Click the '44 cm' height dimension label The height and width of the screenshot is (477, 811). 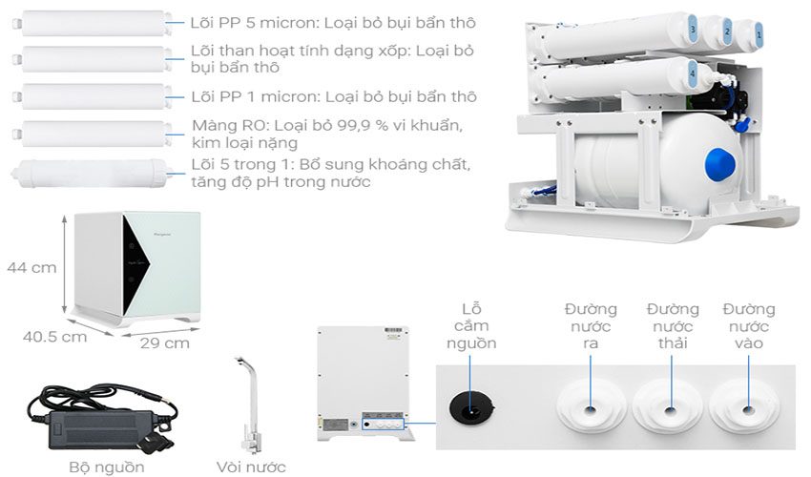coord(31,268)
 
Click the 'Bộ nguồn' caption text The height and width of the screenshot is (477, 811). coord(107,467)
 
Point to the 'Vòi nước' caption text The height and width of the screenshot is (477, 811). coord(250,467)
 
